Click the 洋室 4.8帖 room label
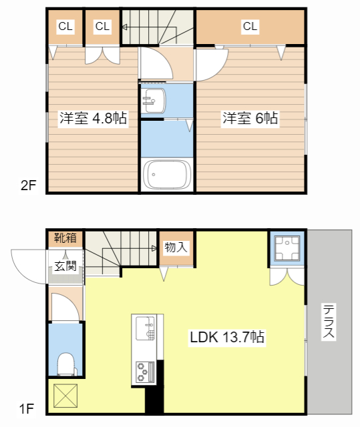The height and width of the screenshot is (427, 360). tap(94, 119)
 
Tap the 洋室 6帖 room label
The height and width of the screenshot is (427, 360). tap(250, 118)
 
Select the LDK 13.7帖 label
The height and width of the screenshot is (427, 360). tap(227, 337)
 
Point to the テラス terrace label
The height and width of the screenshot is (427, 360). tap(328, 322)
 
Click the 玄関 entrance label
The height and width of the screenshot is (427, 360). tap(65, 266)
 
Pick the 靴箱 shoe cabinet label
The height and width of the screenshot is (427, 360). tap(65, 238)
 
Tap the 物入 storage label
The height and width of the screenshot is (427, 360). tap(176, 248)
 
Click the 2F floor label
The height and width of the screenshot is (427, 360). tap(28, 185)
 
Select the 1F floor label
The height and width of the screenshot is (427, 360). tap(27, 409)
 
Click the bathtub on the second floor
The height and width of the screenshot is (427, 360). tap(167, 174)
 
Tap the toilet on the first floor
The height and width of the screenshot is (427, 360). tap(66, 364)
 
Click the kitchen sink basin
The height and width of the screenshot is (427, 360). tap(145, 328)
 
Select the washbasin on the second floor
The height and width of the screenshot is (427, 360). tap(154, 101)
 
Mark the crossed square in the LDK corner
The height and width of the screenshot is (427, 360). tap(65, 396)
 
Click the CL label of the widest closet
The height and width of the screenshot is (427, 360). tap(250, 27)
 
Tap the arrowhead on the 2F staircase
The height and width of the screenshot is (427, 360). tap(124, 27)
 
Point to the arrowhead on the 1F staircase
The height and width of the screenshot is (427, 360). tap(154, 248)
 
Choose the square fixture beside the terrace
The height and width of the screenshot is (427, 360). tap(287, 249)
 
